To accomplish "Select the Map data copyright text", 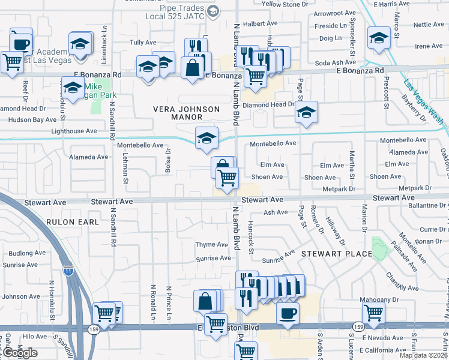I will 424,355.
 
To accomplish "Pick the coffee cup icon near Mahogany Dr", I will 288,313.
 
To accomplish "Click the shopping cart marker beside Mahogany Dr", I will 373,313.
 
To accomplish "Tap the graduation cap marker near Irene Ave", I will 379,38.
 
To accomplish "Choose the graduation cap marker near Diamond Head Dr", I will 306,112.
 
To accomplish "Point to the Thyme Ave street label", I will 211,245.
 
